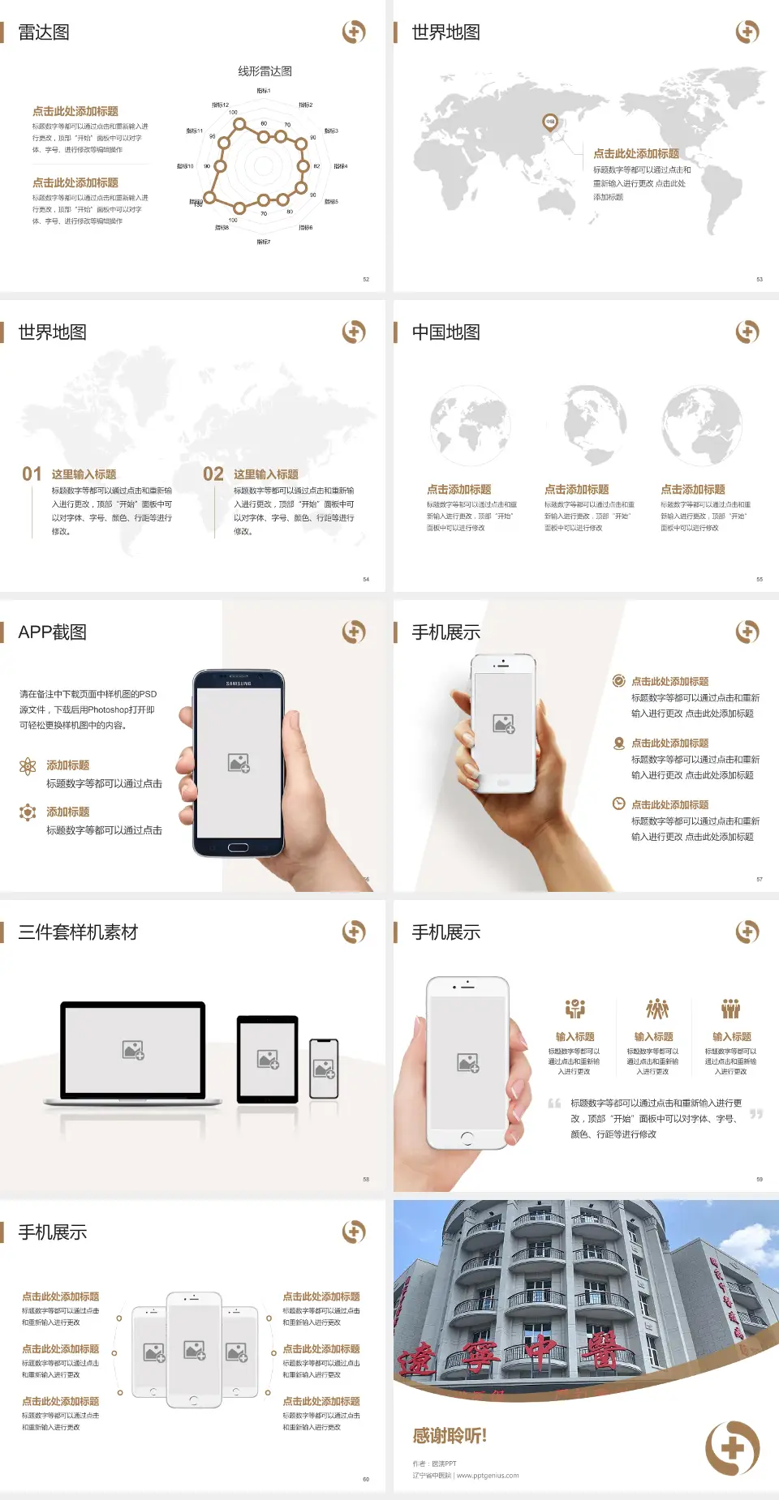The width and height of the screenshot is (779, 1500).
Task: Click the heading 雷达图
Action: point(44,32)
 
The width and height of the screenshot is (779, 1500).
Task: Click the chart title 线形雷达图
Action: point(265,71)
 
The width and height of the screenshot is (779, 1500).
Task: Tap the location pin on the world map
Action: point(550,122)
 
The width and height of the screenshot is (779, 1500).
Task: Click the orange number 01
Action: point(32,474)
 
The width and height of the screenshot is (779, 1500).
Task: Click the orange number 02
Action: point(213,474)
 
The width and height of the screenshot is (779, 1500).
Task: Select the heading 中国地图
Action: point(445,332)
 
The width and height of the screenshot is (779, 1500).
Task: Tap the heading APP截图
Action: point(52,632)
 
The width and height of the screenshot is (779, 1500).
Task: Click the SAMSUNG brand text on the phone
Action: point(239,684)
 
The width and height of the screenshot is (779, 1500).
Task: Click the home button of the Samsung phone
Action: point(238,847)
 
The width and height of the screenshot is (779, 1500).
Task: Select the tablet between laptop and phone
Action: point(268,1059)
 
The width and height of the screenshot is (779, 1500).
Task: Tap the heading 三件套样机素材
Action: point(78,932)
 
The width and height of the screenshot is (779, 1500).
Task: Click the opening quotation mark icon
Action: point(554,1104)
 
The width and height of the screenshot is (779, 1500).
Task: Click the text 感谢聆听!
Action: point(450,1436)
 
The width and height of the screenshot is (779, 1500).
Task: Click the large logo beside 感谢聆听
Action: point(732,1448)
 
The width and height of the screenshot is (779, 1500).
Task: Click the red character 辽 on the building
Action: point(418,1357)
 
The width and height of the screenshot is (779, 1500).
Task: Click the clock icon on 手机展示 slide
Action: point(618,804)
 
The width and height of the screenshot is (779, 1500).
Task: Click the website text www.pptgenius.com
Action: point(488,1476)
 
